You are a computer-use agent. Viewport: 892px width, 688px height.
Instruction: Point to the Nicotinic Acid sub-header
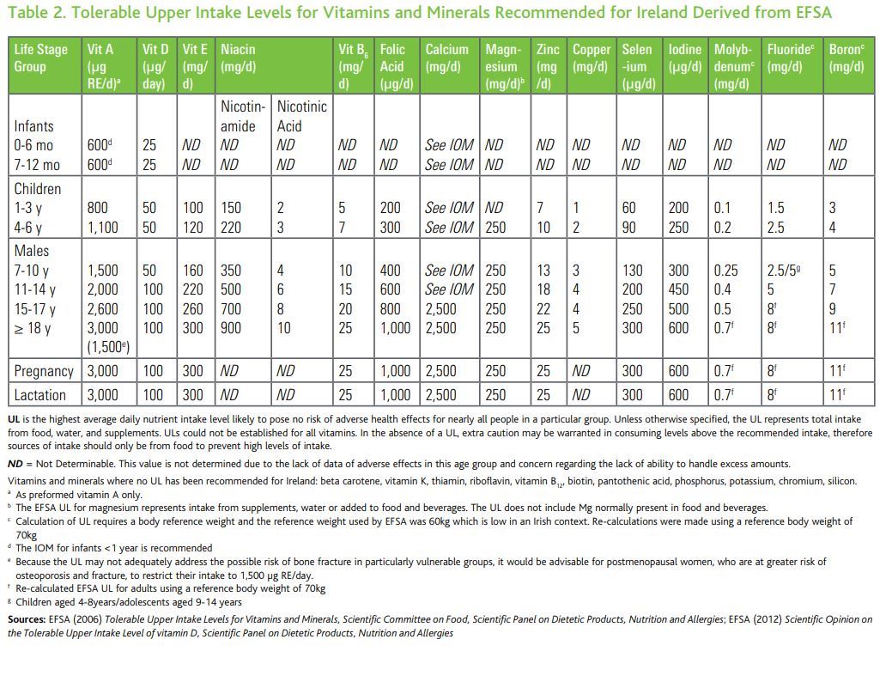(x=301, y=117)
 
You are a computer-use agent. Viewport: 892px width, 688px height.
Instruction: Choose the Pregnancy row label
(x=44, y=371)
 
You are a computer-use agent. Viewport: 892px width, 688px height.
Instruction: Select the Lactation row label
(x=39, y=395)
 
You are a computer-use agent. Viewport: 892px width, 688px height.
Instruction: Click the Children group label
(x=38, y=188)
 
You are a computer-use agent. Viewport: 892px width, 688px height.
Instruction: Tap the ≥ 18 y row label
(x=34, y=329)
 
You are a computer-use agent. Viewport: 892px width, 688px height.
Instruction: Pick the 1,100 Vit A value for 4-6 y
(x=104, y=228)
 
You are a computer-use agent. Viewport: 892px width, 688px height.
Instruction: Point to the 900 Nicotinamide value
(x=231, y=329)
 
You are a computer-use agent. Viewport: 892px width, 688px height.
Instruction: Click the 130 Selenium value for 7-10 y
(x=633, y=271)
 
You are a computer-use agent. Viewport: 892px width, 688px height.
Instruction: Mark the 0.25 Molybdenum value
(x=726, y=271)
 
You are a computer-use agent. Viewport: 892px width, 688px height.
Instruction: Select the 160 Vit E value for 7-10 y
(x=194, y=271)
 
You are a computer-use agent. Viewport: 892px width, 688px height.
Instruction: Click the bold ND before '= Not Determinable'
(x=15, y=464)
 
